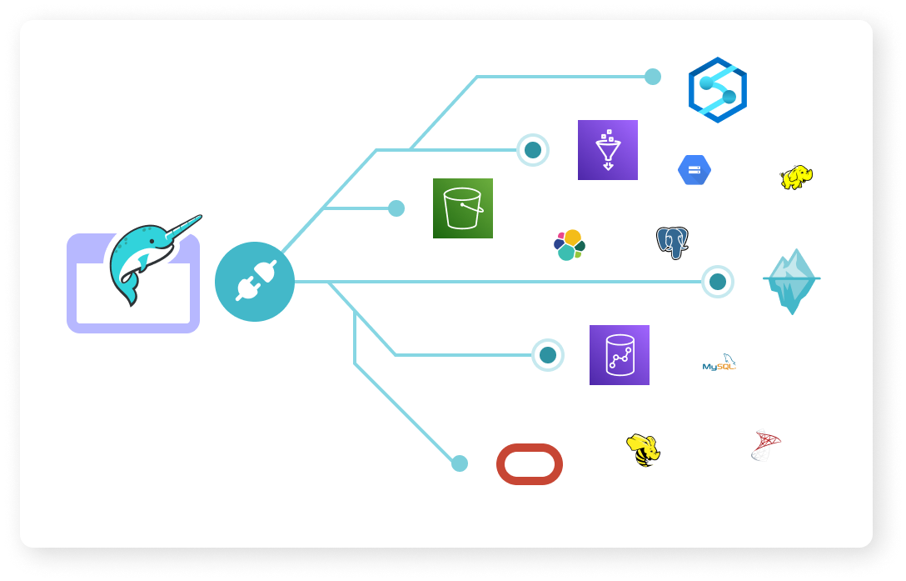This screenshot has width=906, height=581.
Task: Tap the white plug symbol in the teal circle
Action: point(255,282)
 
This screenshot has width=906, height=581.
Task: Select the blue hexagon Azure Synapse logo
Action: point(717,90)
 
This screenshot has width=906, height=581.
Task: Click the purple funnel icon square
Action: point(608,150)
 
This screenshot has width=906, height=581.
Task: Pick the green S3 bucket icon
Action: point(463,208)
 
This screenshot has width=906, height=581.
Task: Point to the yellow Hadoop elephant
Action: point(796,177)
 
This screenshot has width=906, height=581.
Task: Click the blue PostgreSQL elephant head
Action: point(672,243)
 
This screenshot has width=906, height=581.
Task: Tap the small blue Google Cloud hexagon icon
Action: point(694,170)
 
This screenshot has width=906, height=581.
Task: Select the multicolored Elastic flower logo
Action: point(570,245)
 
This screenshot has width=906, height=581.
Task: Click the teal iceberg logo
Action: point(792,281)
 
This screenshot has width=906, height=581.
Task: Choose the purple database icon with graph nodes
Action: point(620,355)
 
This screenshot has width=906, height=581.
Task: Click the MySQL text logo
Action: point(719,363)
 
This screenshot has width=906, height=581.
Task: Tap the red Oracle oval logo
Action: point(530,464)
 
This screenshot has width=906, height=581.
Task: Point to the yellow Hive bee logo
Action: point(643,449)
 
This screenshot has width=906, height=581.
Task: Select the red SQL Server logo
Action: point(765,445)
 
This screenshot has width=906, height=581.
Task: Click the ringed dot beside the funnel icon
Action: point(533,150)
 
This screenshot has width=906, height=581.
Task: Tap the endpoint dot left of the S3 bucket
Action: point(396,208)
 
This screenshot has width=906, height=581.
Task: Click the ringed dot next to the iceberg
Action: point(718,282)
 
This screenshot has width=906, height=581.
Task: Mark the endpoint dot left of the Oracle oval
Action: point(460,463)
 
